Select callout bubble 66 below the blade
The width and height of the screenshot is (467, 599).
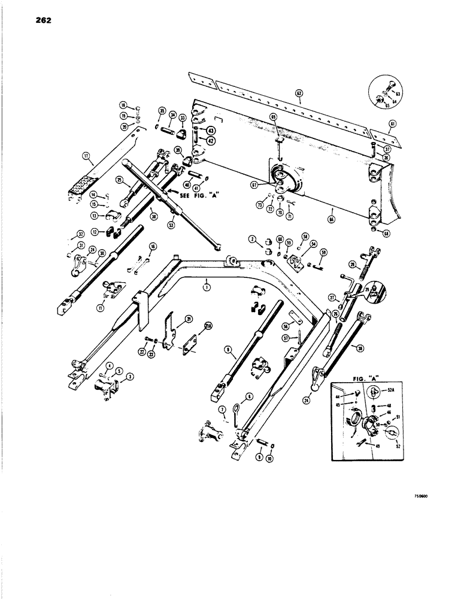[x=332, y=211]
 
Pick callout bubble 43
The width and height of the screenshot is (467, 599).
[x=211, y=130]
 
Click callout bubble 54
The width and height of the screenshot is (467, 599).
[x=313, y=245]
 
